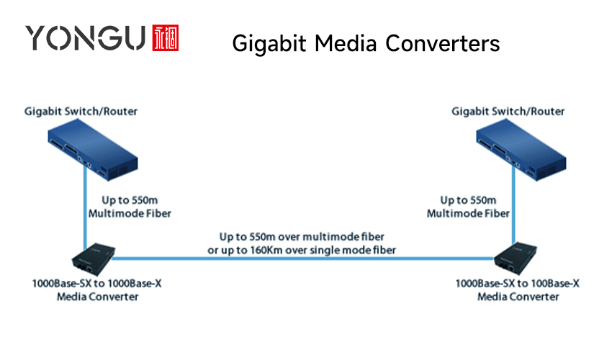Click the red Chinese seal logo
(x=166, y=38)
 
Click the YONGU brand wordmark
(x=86, y=38)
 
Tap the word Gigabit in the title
(x=269, y=43)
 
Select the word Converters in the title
(x=443, y=43)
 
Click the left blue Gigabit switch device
(x=93, y=150)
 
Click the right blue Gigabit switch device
(x=521, y=150)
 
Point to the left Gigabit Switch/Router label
(x=81, y=112)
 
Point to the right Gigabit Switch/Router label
(x=508, y=112)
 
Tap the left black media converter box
(x=94, y=259)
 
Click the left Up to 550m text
(x=130, y=200)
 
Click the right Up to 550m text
(x=468, y=200)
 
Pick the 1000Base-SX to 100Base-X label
(x=518, y=284)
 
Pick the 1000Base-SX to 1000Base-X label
(x=96, y=284)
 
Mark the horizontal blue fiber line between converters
(x=303, y=258)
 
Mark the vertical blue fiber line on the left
(x=85, y=207)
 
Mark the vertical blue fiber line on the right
(x=513, y=205)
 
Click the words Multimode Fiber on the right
(x=468, y=214)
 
